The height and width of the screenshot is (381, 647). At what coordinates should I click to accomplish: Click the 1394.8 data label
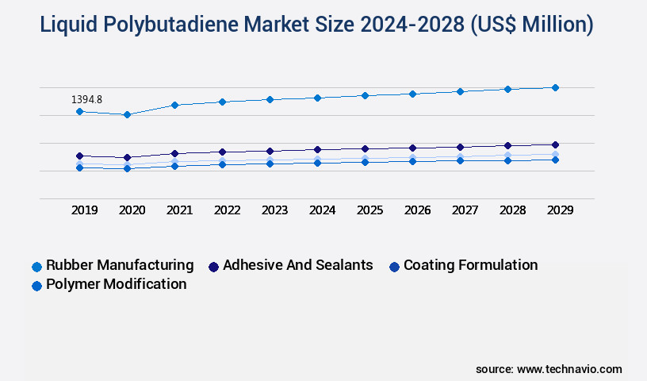tap(86, 100)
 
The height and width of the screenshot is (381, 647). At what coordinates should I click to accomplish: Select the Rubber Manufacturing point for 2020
tap(127, 114)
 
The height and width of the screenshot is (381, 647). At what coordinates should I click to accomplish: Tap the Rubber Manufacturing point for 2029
tap(555, 87)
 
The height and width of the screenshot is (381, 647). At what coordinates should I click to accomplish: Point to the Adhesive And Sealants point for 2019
tap(79, 156)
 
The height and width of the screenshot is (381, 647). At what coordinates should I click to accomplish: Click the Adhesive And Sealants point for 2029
tap(555, 144)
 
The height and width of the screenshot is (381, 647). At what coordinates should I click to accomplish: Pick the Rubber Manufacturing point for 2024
tap(317, 98)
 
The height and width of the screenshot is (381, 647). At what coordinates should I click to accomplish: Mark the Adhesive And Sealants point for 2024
tap(317, 149)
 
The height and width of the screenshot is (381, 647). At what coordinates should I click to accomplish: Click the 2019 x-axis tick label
tap(84, 210)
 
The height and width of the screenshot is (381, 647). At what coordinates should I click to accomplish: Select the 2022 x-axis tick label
tap(227, 210)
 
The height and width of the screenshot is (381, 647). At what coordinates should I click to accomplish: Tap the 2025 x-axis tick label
tap(369, 210)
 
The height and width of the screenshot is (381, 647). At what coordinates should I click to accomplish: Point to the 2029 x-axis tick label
tap(560, 210)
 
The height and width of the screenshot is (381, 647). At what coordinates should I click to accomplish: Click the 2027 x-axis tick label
tap(465, 210)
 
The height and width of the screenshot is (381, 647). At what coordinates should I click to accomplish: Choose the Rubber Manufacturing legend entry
tap(119, 265)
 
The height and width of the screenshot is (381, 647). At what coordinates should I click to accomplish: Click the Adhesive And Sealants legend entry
tap(297, 265)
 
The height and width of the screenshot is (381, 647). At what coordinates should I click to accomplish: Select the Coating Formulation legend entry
tap(470, 265)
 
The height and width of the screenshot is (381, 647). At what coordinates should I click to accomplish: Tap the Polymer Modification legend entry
tap(116, 284)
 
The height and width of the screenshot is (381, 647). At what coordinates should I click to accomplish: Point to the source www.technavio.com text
tap(549, 369)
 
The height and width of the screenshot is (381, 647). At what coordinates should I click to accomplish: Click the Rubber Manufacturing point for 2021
tap(174, 105)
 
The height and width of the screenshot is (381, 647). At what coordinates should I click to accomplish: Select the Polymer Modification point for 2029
tap(555, 160)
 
